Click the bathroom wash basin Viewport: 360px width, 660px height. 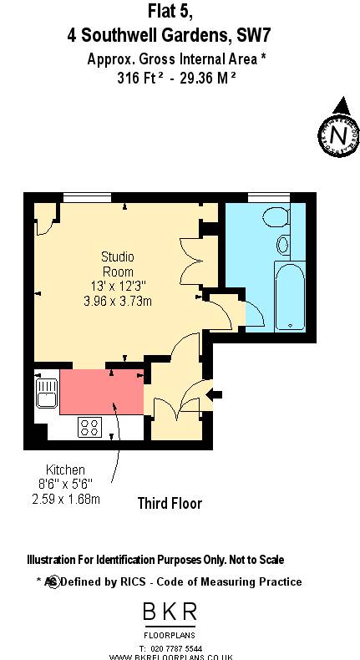coord(283,246)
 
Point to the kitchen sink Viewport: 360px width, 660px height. coord(45,393)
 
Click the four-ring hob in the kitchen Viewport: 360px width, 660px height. coord(89,427)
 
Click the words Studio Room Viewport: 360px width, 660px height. coord(118,264)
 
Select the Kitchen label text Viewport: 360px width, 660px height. coord(65,470)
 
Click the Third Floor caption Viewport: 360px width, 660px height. coord(170,503)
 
